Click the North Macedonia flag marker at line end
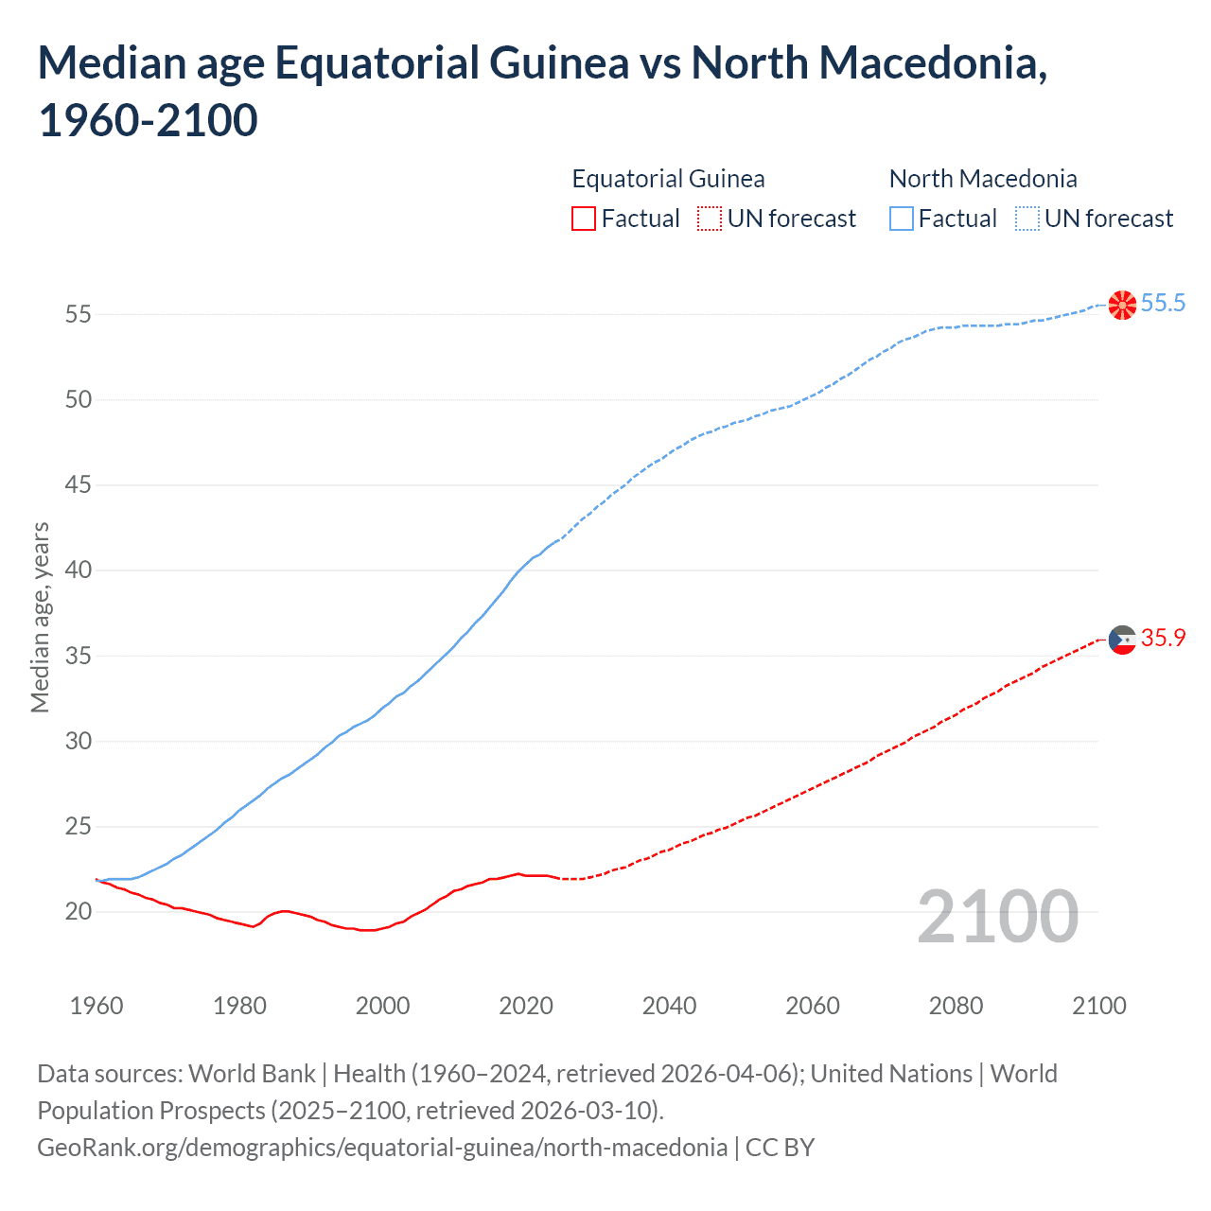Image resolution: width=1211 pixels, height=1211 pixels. [x=1122, y=305]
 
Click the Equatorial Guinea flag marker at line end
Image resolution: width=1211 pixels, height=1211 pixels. [x=1122, y=640]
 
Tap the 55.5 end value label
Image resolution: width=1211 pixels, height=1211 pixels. [x=1163, y=303]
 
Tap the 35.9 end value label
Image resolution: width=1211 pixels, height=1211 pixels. [x=1163, y=639]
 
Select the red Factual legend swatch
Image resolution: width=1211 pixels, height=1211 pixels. [x=584, y=219]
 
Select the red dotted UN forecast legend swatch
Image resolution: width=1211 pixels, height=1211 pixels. [x=710, y=219]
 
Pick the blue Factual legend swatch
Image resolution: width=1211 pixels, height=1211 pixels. [x=902, y=219]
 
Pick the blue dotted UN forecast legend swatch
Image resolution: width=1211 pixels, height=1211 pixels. [x=1027, y=219]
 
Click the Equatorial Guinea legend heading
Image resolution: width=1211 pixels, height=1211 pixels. [x=668, y=179]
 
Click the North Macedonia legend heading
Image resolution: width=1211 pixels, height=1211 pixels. [x=983, y=179]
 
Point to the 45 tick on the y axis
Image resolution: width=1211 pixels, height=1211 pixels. [x=79, y=485]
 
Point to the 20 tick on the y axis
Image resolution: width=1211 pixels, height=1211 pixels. [x=79, y=912]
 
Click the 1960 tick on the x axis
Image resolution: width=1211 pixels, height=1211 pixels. [x=97, y=1006]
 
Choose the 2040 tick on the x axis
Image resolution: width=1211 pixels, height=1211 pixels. [x=669, y=1006]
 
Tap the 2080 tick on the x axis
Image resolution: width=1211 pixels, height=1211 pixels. [x=956, y=1006]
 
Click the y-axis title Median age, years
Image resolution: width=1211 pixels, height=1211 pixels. [x=40, y=617]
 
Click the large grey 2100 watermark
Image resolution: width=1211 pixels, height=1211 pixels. [x=997, y=916]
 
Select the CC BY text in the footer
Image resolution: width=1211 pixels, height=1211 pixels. [x=780, y=1148]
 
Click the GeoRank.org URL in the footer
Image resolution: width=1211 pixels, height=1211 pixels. [x=382, y=1148]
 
